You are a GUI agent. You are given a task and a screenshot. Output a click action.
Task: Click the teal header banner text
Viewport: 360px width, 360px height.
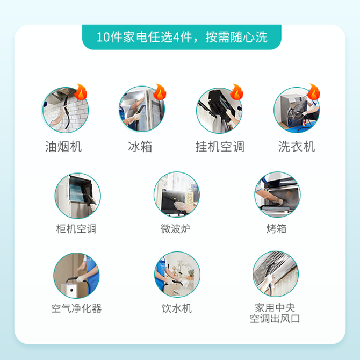(182, 37)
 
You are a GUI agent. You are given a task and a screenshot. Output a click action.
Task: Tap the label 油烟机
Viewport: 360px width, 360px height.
(63, 147)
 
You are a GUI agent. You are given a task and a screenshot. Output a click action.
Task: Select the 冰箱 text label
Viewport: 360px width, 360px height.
(140, 147)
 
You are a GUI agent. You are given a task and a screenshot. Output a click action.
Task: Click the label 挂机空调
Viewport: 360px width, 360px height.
(220, 147)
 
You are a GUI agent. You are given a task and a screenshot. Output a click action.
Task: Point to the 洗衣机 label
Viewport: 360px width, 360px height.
(297, 147)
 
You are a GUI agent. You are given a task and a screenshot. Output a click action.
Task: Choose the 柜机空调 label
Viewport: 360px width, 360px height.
(76, 229)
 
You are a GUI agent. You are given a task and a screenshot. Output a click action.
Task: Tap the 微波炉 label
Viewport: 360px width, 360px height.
(175, 229)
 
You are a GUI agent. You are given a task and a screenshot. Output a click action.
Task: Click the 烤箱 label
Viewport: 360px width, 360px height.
(276, 229)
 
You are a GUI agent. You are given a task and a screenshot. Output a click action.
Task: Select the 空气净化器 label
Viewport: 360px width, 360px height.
(76, 308)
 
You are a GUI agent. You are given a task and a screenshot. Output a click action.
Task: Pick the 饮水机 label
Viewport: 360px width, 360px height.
(177, 308)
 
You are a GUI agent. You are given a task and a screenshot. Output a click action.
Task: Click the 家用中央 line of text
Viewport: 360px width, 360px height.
(275, 308)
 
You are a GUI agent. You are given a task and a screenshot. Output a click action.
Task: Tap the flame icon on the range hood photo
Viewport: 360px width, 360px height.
(81, 92)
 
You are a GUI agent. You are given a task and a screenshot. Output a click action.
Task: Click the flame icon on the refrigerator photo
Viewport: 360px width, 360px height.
(160, 92)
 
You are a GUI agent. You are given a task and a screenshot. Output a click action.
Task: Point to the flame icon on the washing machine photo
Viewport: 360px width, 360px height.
(313, 92)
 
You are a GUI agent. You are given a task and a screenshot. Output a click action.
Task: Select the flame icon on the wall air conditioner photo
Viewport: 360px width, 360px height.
(237, 92)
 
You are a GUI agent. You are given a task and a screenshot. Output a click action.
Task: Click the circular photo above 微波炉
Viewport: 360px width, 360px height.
(177, 195)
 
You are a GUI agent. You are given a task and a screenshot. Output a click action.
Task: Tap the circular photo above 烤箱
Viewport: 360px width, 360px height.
(277, 195)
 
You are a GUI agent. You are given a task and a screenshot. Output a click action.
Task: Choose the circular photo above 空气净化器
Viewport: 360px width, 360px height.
(76, 276)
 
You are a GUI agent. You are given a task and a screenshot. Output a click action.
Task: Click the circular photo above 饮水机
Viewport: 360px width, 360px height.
(177, 275)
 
